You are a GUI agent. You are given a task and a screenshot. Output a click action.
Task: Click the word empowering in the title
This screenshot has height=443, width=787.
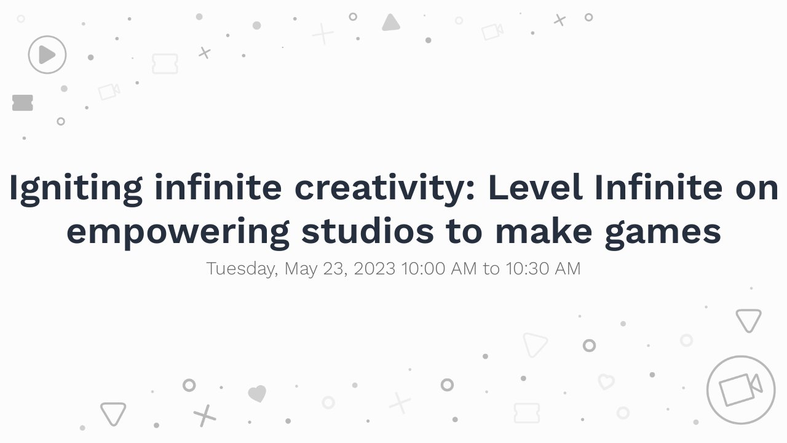click(x=178, y=231)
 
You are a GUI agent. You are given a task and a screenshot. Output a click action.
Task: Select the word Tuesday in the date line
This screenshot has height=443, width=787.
click(x=242, y=269)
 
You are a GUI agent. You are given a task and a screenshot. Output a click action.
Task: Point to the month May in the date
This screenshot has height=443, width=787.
click(x=300, y=269)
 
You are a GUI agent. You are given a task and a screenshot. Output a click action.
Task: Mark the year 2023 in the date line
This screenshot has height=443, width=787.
click(x=374, y=269)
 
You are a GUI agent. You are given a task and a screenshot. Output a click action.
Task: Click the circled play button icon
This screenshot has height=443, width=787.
click(x=47, y=55)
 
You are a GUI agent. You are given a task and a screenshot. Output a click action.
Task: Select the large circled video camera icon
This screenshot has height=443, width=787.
click(x=740, y=389)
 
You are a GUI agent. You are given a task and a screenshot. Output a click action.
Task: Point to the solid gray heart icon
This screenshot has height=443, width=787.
click(x=257, y=394)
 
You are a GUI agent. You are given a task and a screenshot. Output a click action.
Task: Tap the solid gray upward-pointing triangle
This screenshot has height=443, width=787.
click(x=391, y=23)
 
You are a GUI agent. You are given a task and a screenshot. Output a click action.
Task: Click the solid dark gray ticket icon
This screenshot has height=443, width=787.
click(x=23, y=103)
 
